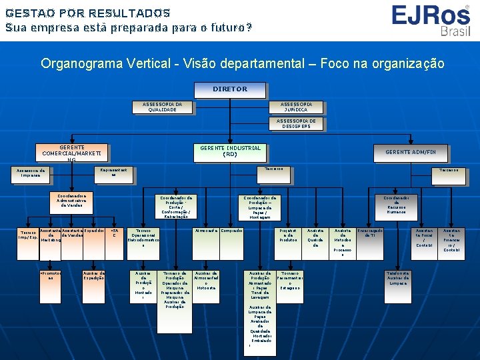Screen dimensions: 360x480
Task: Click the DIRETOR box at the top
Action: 229,89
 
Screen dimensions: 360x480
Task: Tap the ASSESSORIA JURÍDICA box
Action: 295,107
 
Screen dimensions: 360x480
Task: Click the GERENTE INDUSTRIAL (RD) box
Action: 229,151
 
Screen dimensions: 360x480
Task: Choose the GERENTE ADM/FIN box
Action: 410,153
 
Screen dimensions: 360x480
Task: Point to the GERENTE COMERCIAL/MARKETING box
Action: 71,153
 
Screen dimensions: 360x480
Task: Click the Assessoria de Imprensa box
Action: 31,173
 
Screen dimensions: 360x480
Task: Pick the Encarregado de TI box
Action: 371,234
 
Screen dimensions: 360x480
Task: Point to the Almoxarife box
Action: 206,231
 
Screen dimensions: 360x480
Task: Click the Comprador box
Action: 231,231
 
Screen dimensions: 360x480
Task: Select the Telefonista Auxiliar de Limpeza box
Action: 397,278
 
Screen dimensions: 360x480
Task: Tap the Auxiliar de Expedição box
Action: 93,275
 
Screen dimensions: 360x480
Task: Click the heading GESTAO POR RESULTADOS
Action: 88,13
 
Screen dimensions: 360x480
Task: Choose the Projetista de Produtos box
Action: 288,235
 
